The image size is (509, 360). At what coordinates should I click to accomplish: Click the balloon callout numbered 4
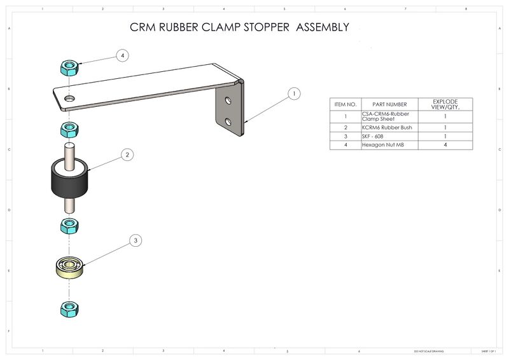(123, 55)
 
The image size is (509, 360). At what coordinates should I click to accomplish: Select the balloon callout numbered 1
(293, 94)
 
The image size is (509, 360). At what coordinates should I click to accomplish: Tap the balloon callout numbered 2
(127, 155)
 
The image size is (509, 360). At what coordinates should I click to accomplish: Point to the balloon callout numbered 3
(135, 240)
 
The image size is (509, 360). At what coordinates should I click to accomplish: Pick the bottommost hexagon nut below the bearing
(69, 310)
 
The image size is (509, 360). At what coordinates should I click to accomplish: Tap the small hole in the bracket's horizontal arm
(69, 99)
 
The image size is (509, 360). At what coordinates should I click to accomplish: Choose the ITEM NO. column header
(345, 104)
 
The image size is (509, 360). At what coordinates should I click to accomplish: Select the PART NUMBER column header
(389, 104)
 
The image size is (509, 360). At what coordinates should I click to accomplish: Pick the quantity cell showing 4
(445, 145)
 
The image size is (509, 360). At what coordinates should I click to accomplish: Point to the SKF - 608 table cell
(375, 136)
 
